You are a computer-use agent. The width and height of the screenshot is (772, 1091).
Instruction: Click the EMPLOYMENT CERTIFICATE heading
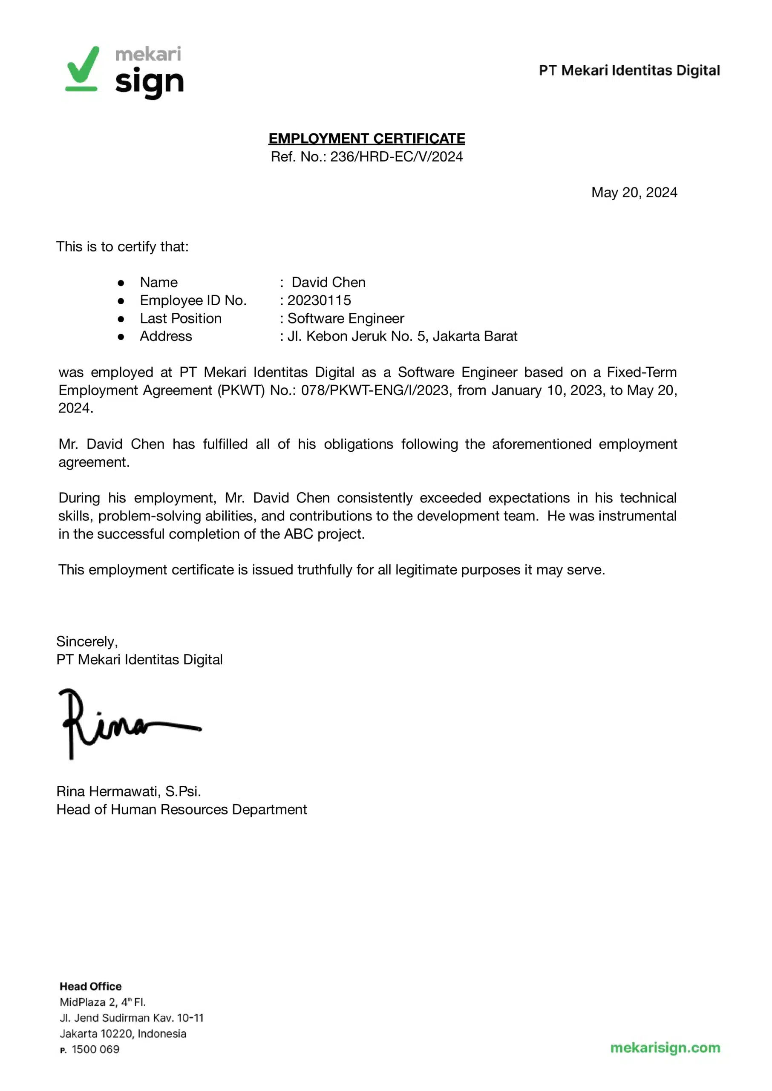(x=366, y=139)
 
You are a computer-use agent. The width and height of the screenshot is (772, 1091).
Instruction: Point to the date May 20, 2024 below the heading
(x=634, y=193)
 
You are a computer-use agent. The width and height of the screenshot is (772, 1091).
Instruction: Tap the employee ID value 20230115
(x=319, y=300)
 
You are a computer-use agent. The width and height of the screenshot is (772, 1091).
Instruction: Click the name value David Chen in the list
(x=328, y=283)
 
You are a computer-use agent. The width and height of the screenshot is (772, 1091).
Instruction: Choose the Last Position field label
(x=181, y=318)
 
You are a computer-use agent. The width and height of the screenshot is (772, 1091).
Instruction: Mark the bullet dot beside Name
(x=121, y=283)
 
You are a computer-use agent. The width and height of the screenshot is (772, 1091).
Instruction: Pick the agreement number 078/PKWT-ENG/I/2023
(x=375, y=390)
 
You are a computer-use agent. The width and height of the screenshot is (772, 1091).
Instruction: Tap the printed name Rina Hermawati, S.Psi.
(x=128, y=791)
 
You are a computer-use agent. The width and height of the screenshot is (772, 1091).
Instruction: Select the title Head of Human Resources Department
(x=181, y=810)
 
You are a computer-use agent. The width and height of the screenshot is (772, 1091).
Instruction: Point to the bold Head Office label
(x=90, y=987)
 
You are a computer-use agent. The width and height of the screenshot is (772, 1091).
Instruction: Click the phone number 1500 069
(x=95, y=1049)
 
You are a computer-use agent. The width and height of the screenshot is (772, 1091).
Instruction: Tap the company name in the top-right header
(x=629, y=70)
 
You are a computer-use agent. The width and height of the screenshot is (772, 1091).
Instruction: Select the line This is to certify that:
(x=122, y=247)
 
